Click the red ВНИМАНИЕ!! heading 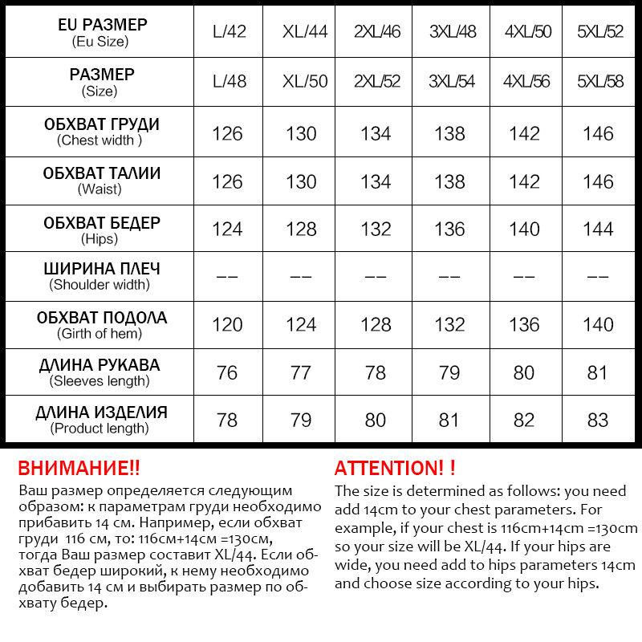pyautogui.click(x=79, y=469)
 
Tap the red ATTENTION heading pyautogui.click(x=395, y=469)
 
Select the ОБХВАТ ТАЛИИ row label pyautogui.click(x=101, y=174)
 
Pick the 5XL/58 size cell pyautogui.click(x=600, y=81)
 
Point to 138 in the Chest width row pyautogui.click(x=450, y=133)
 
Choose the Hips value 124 pyautogui.click(x=228, y=230)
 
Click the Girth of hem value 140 pyautogui.click(x=599, y=325)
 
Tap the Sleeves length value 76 pyautogui.click(x=228, y=373)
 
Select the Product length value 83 pyautogui.click(x=599, y=421)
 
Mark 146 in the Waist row pyautogui.click(x=599, y=181)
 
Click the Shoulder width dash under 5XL pyautogui.click(x=599, y=277)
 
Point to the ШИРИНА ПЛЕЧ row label pyautogui.click(x=101, y=269)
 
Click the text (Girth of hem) pyautogui.click(x=100, y=334)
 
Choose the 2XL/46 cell pyautogui.click(x=377, y=33)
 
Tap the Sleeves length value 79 pyautogui.click(x=450, y=373)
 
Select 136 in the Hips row pyautogui.click(x=450, y=230)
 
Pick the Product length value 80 pyautogui.click(x=376, y=421)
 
